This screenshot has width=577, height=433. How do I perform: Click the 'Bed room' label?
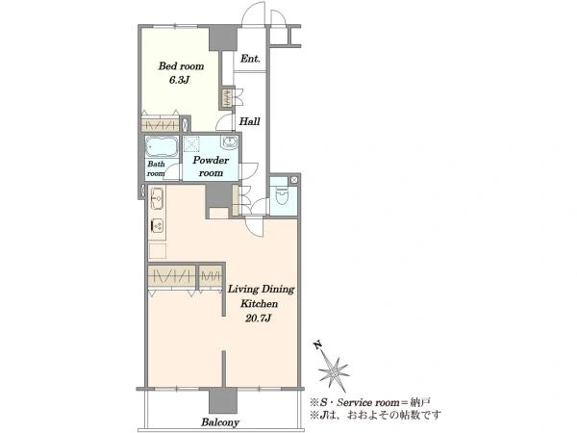(181, 66)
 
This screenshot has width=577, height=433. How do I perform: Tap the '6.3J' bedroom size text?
(179, 80)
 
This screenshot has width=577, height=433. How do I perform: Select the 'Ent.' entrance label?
(250, 58)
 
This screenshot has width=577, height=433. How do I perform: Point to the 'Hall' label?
(249, 121)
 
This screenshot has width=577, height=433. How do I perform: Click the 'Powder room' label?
(211, 166)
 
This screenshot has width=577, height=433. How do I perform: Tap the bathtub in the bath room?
(162, 146)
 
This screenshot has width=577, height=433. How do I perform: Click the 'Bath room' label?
(156, 168)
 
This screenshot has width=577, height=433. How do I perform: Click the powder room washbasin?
(230, 141)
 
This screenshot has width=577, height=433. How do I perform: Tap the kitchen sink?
(157, 198)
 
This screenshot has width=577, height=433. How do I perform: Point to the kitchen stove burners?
(157, 225)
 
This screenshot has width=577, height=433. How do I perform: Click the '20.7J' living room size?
(258, 318)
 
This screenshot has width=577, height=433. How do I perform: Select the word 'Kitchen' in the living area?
(259, 304)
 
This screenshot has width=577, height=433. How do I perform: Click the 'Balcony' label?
(220, 422)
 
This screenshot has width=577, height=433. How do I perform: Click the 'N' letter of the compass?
(317, 345)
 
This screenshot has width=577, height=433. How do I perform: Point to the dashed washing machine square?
(191, 143)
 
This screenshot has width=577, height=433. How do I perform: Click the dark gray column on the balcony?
(223, 400)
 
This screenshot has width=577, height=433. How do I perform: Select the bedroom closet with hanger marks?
(161, 124)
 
